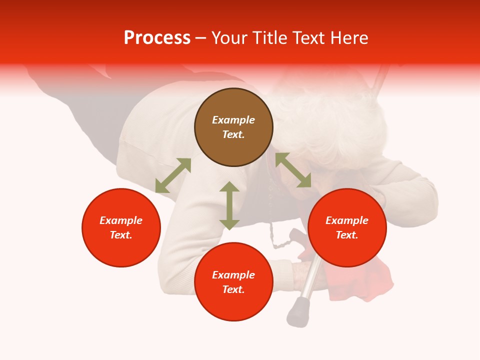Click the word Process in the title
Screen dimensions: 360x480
coord(157,38)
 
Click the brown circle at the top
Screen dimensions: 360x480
coord(233,127)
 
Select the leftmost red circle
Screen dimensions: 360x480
coord(121,227)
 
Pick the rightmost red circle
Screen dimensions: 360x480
coord(347,227)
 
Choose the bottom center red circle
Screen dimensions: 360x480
coord(233,281)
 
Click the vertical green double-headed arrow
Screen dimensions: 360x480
coord(229,205)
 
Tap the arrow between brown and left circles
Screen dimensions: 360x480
coord(173,175)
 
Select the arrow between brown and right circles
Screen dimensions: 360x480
coord(293,170)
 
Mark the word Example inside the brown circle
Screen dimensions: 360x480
coord(233,120)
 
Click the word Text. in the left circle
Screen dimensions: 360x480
coord(121,235)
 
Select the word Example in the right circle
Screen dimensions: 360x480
coord(347,220)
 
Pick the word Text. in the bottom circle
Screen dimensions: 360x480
coord(233,289)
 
